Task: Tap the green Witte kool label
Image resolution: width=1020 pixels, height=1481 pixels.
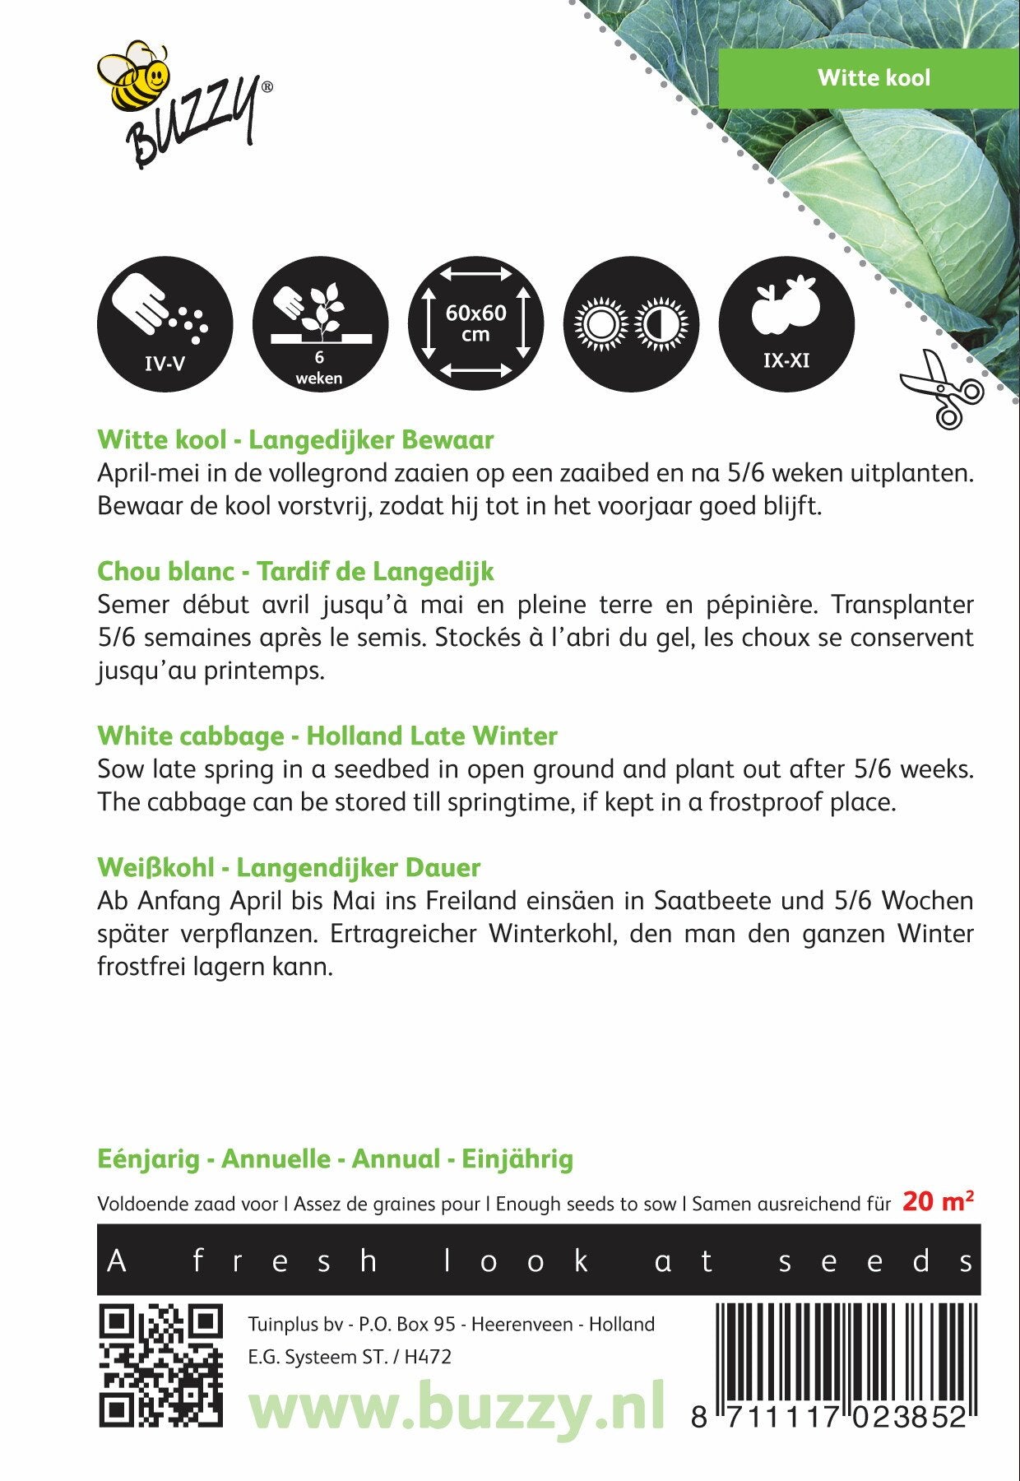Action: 873,78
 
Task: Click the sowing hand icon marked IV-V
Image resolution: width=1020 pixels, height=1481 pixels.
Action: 165,323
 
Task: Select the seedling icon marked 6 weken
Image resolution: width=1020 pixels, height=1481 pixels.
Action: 319,323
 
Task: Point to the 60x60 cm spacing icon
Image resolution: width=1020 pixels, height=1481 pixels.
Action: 475,323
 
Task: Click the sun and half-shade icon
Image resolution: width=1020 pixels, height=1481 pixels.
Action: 631,323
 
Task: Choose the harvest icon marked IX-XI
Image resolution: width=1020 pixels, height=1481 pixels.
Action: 786,323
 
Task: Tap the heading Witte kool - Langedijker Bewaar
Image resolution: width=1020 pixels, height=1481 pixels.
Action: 295,439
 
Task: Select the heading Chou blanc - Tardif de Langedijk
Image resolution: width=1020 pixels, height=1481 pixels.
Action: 295,571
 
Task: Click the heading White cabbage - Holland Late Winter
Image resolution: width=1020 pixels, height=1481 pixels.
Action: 327,736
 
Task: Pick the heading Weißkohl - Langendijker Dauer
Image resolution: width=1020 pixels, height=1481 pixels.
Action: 288,867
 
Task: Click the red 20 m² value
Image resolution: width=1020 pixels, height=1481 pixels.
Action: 938,1201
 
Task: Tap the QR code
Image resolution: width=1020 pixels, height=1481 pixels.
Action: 160,1367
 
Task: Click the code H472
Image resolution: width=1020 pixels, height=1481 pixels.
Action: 428,1358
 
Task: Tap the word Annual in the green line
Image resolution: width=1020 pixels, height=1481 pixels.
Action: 396,1159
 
